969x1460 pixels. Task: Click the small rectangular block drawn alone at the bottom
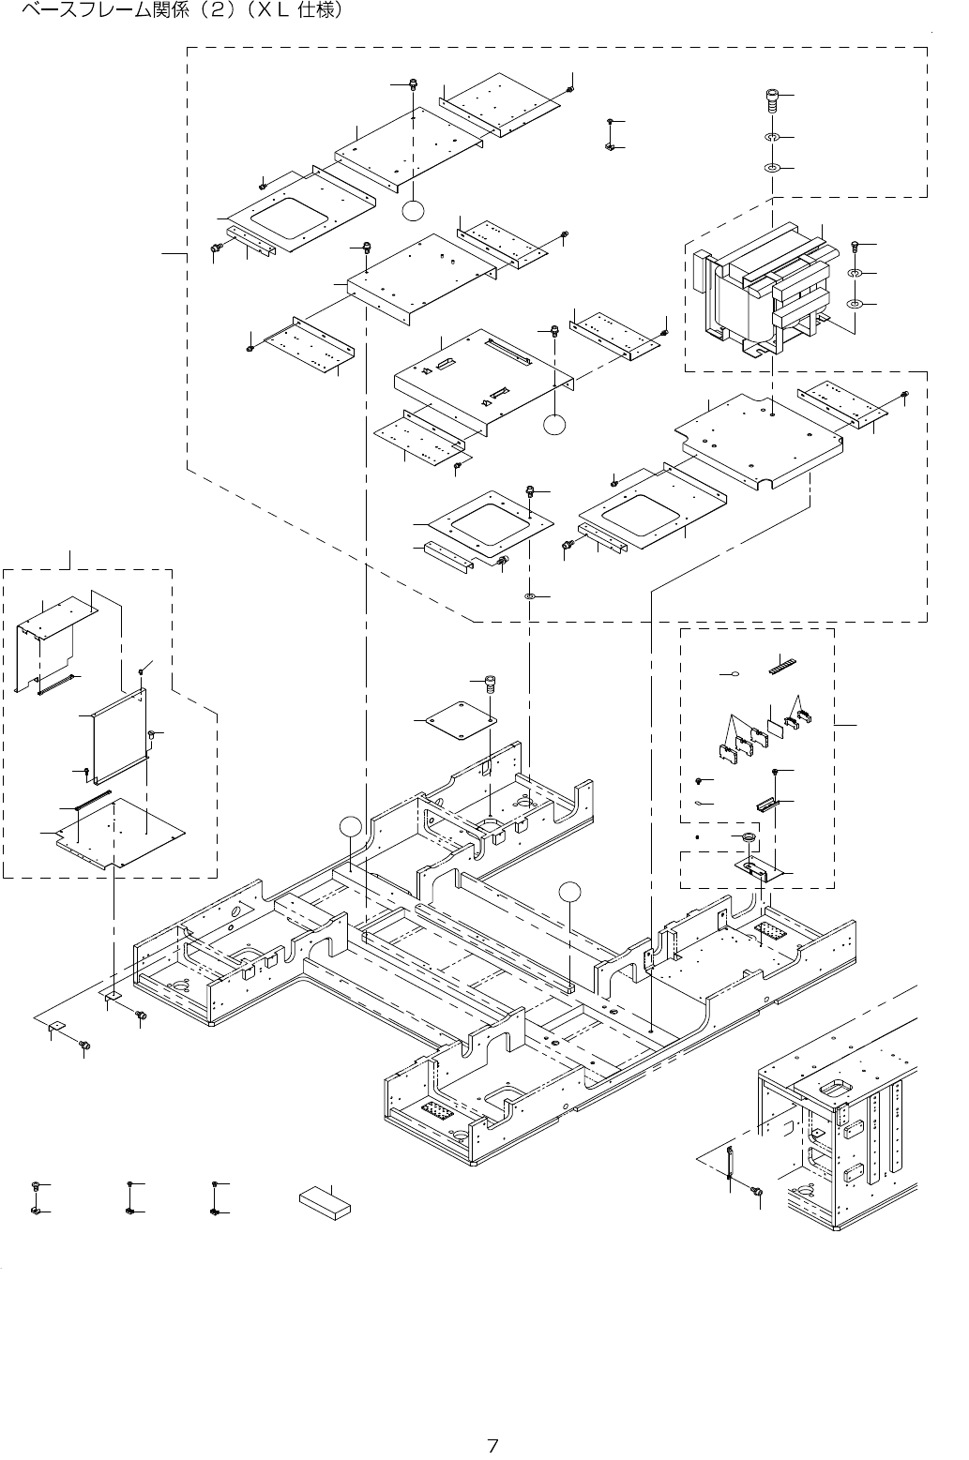point(326,1202)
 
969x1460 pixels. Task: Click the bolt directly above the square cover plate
point(488,684)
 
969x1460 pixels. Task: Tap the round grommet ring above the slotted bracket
point(749,836)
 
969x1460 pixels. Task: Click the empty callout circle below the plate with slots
point(555,425)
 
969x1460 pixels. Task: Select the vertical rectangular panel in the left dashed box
point(121,733)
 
